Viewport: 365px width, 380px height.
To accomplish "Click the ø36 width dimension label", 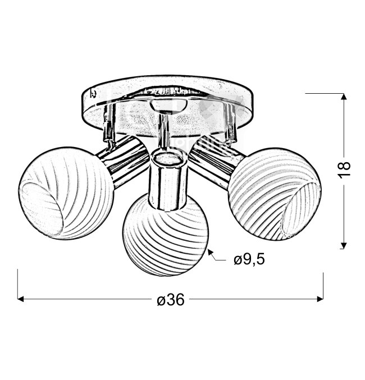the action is click(171, 299).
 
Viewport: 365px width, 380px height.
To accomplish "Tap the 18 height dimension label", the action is click(344, 170).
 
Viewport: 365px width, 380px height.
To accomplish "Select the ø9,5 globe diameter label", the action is click(249, 259).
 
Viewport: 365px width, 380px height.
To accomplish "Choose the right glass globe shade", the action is click(275, 194).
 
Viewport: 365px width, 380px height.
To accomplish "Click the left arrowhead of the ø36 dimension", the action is click(21, 299).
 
